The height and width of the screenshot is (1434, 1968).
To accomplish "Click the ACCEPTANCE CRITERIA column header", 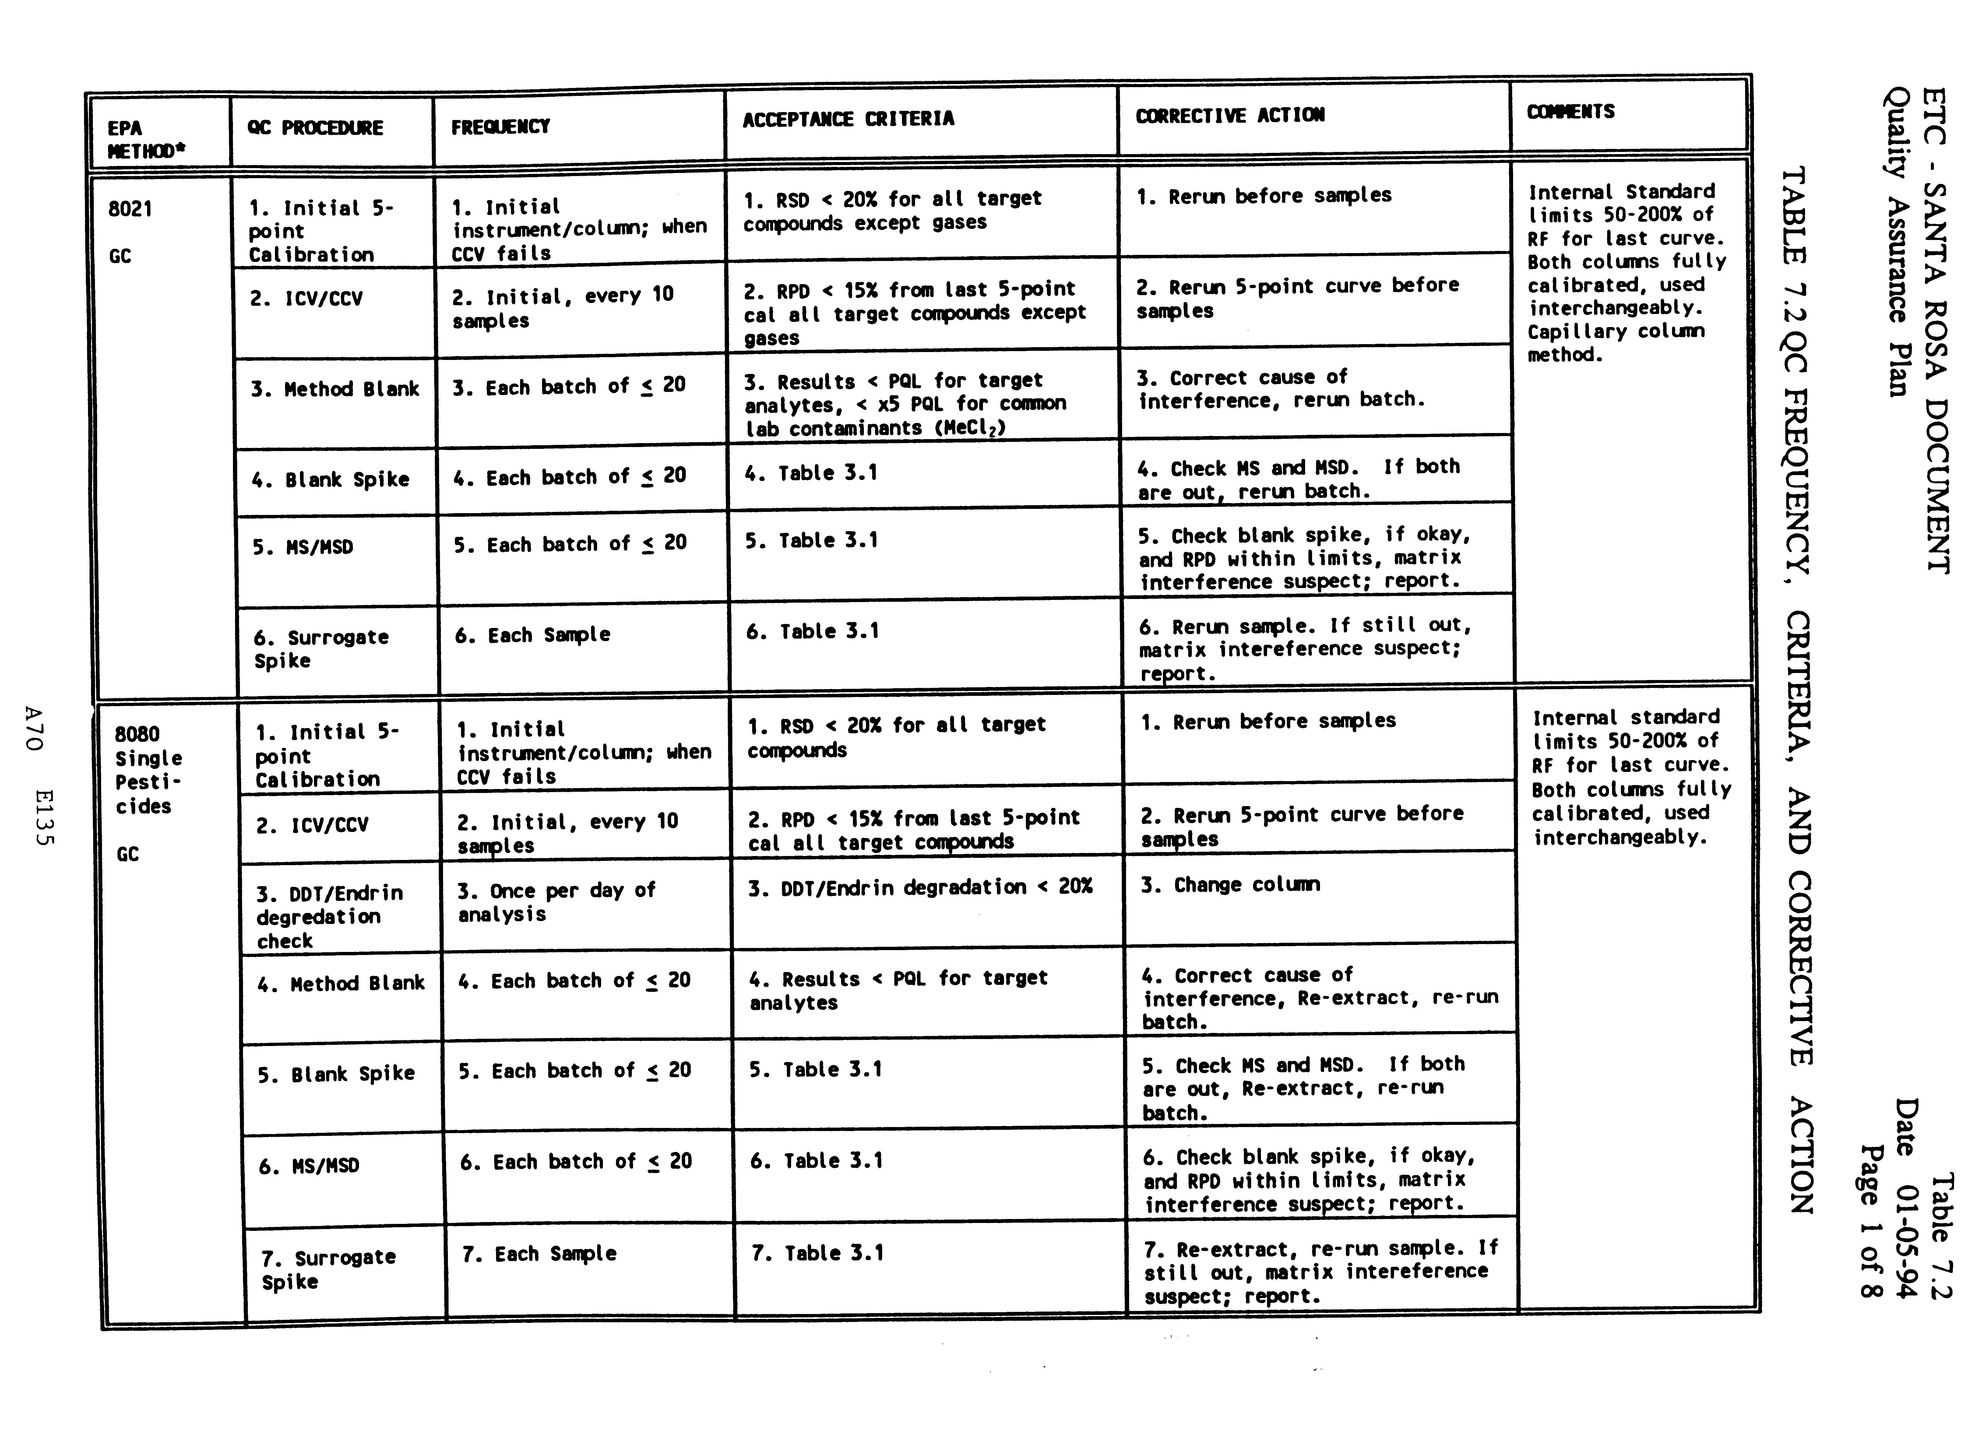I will point(848,119).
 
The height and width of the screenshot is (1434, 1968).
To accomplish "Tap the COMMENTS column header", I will point(1571,112).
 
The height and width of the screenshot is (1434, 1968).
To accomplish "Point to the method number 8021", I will point(130,209).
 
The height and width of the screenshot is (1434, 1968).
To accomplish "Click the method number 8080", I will point(137,735).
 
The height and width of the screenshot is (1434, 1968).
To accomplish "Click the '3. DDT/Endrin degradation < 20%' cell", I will point(920,887).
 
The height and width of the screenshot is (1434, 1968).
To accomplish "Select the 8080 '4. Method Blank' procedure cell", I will point(341,984).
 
